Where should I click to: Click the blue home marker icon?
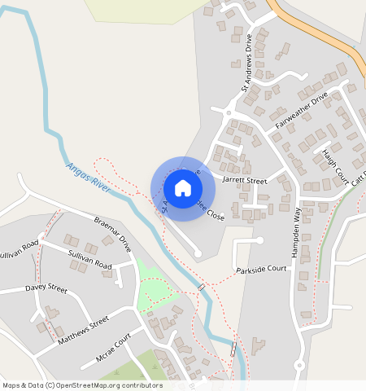coord(183,188)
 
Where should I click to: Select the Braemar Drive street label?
coord(113,232)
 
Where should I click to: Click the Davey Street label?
coord(46,288)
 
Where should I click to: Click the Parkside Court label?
coord(262,269)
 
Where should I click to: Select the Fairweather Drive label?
coord(300,110)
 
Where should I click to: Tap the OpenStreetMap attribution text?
coord(82,385)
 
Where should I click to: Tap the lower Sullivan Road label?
coord(89,265)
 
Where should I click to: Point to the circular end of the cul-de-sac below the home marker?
coord(198,254)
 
